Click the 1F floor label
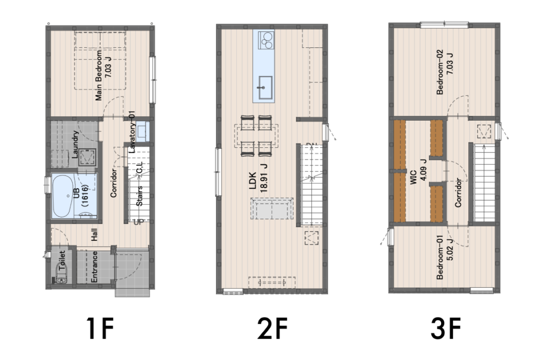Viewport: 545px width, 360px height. (100, 329)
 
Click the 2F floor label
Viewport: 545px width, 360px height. (272, 329)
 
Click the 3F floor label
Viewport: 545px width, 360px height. (446, 329)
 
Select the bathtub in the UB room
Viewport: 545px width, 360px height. (63, 196)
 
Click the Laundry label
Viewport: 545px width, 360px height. (75, 145)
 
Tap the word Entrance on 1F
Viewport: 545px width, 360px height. (94, 266)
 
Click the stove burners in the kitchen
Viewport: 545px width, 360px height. (266, 39)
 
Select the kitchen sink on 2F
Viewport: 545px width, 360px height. (264, 88)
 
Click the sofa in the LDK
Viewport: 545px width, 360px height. (271, 208)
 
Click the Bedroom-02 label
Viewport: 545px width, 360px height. (444, 72)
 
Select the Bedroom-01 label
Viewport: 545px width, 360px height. (444, 257)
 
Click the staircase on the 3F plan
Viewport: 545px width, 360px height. (484, 183)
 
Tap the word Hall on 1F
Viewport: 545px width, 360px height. (94, 235)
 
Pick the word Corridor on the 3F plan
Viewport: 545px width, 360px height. (458, 193)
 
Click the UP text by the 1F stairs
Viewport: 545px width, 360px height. (138, 222)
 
